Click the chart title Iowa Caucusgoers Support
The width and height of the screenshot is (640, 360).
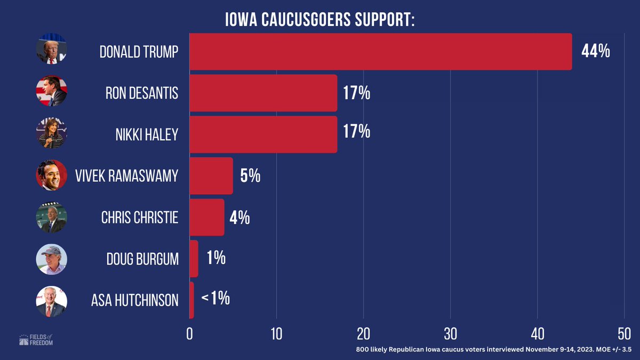(320, 20)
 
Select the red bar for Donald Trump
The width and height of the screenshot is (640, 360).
(380, 52)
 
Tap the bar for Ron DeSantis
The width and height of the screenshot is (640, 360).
(263, 93)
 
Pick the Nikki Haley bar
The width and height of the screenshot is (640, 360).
(263, 134)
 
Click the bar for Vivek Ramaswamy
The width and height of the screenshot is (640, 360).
(211, 176)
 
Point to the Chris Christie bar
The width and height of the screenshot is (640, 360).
(207, 217)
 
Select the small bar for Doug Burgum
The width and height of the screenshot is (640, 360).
(194, 259)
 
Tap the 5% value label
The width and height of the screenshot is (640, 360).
(250, 176)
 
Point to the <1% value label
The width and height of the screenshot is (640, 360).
(215, 299)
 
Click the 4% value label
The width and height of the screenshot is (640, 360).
(239, 218)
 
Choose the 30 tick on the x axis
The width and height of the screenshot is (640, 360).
(451, 333)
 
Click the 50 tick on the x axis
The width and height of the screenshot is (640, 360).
(624, 333)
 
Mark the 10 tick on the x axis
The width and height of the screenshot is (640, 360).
(276, 333)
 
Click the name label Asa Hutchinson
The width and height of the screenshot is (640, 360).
(135, 300)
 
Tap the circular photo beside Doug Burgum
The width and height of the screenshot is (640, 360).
(51, 260)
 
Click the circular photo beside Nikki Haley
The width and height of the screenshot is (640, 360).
(51, 134)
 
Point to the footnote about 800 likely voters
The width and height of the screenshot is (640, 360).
(494, 350)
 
